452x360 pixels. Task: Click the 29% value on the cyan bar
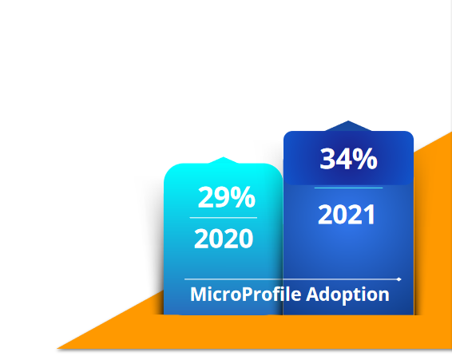pyautogui.click(x=227, y=197)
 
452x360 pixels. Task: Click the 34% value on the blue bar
pyautogui.click(x=348, y=158)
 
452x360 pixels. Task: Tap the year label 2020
pyautogui.click(x=224, y=239)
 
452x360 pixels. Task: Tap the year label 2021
pyautogui.click(x=347, y=214)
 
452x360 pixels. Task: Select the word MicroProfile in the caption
pyautogui.click(x=246, y=295)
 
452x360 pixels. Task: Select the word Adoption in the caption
pyautogui.click(x=347, y=295)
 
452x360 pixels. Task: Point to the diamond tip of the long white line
pyautogui.click(x=399, y=279)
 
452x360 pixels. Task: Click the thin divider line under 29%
pyautogui.click(x=224, y=218)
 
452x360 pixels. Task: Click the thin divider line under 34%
pyautogui.click(x=348, y=188)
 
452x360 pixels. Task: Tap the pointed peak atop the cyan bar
pyautogui.click(x=223, y=157)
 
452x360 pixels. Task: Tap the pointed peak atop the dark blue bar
pyautogui.click(x=348, y=121)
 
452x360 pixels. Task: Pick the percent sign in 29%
pyautogui.click(x=243, y=197)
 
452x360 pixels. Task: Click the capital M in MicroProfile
pyautogui.click(x=197, y=295)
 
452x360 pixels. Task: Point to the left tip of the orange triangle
pyautogui.click(x=57, y=349)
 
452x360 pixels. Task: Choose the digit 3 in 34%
pyautogui.click(x=327, y=158)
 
